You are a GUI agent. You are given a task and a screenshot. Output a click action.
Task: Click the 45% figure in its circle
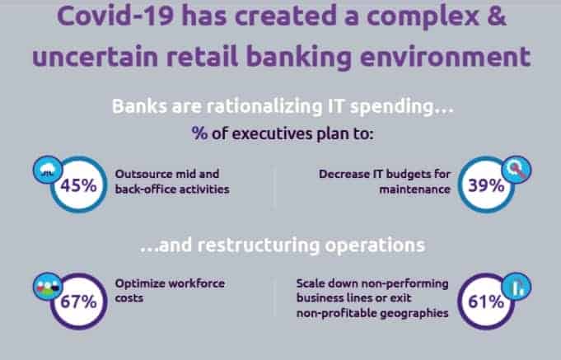[x=78, y=185]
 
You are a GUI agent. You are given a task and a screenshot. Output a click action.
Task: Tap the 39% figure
[x=486, y=185]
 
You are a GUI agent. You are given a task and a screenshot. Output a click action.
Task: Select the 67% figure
[x=78, y=302]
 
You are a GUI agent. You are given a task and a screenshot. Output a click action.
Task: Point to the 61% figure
[x=486, y=302]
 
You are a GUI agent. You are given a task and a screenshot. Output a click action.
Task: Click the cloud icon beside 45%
[x=48, y=170]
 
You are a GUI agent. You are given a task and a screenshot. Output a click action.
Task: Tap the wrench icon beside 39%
[x=517, y=170]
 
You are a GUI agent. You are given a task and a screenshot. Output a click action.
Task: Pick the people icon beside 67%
[x=48, y=287]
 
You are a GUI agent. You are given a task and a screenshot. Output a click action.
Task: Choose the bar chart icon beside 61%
[x=517, y=287]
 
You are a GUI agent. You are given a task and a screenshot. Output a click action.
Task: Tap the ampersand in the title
[x=496, y=16]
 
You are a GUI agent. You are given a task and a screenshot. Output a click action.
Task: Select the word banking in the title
[x=299, y=58]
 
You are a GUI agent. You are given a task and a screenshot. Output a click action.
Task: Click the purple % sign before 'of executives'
[x=199, y=133]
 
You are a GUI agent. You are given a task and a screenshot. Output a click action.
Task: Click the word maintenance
[x=414, y=189]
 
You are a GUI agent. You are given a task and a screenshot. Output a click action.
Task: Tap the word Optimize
[x=140, y=283]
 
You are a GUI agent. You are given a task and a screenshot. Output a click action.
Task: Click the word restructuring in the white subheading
[x=259, y=245]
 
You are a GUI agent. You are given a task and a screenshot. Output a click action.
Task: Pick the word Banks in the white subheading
[x=139, y=106]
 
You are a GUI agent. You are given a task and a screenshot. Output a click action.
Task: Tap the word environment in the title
[x=445, y=58]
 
